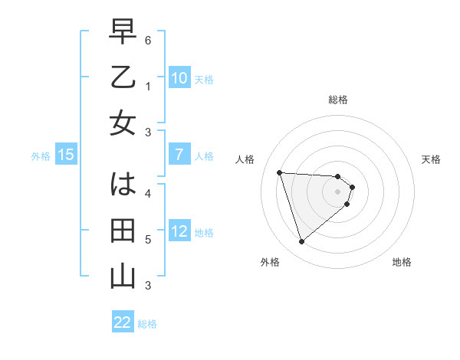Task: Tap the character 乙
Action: click(x=123, y=79)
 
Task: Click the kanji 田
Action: click(x=123, y=231)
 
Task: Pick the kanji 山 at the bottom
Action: click(x=123, y=276)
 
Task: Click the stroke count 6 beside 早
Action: click(x=148, y=39)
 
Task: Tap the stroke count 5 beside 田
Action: click(x=148, y=240)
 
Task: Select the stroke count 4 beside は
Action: click(x=148, y=193)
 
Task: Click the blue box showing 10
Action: click(x=179, y=78)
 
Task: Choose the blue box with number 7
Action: click(x=179, y=155)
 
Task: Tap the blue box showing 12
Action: click(x=179, y=231)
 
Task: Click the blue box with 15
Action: click(x=66, y=155)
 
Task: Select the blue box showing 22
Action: click(x=122, y=322)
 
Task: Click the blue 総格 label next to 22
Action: click(x=147, y=324)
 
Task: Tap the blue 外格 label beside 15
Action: click(x=41, y=156)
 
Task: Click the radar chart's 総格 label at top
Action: click(x=337, y=100)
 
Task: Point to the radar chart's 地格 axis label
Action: click(x=402, y=262)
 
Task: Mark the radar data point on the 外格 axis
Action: click(x=301, y=242)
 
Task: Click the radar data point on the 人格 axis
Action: click(x=279, y=172)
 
